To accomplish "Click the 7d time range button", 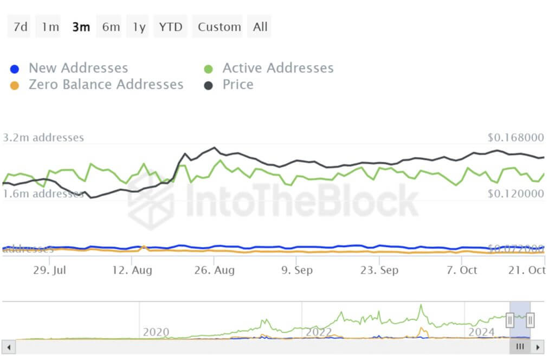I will (20, 27).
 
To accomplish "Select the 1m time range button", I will (50, 27).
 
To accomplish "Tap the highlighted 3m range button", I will (81, 27).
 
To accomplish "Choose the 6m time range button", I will (111, 27).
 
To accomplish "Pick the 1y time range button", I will (139, 27).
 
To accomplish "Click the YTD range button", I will (171, 27).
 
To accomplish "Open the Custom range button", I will (219, 27).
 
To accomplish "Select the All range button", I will (260, 27).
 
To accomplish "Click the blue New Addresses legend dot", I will (15, 69).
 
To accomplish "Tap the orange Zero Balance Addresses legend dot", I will (15, 85).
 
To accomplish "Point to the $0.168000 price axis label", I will (515, 138).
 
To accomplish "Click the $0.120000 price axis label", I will (515, 194).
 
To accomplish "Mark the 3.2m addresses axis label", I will (43, 138).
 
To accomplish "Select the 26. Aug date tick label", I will (215, 270).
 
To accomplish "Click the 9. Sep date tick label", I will (296, 270).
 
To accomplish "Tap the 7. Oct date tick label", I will (461, 270).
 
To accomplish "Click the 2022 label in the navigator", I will (319, 332).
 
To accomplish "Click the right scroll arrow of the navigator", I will (538, 346).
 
